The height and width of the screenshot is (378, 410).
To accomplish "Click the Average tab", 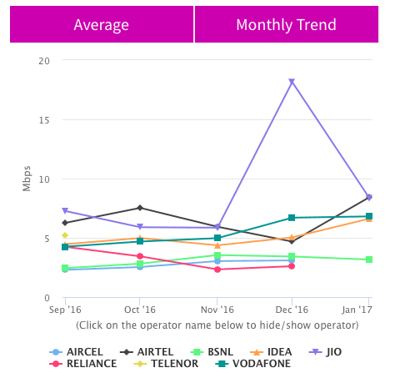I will click(x=101, y=24).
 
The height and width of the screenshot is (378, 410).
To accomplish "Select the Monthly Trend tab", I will click(x=286, y=24).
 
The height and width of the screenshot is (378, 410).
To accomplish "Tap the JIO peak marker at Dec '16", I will click(x=292, y=82).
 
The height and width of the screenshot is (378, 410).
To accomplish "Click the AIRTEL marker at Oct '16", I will click(x=140, y=208).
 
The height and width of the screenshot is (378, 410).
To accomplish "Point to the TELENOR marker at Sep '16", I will click(x=65, y=235).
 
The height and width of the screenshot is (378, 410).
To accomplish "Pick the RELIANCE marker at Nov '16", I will click(x=217, y=270).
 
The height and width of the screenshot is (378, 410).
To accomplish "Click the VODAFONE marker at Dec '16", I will click(x=292, y=218).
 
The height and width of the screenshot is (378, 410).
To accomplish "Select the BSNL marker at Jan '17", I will click(x=368, y=260).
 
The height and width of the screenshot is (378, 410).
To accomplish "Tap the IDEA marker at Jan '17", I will click(x=368, y=219).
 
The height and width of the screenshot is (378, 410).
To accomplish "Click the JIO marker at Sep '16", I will click(x=65, y=211).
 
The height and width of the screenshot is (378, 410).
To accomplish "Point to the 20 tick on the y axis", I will click(x=44, y=61).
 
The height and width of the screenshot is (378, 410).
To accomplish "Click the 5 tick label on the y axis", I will click(x=47, y=239).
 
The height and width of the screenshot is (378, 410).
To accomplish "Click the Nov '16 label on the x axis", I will click(x=217, y=309).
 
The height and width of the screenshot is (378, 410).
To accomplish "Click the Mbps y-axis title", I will click(x=27, y=179).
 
